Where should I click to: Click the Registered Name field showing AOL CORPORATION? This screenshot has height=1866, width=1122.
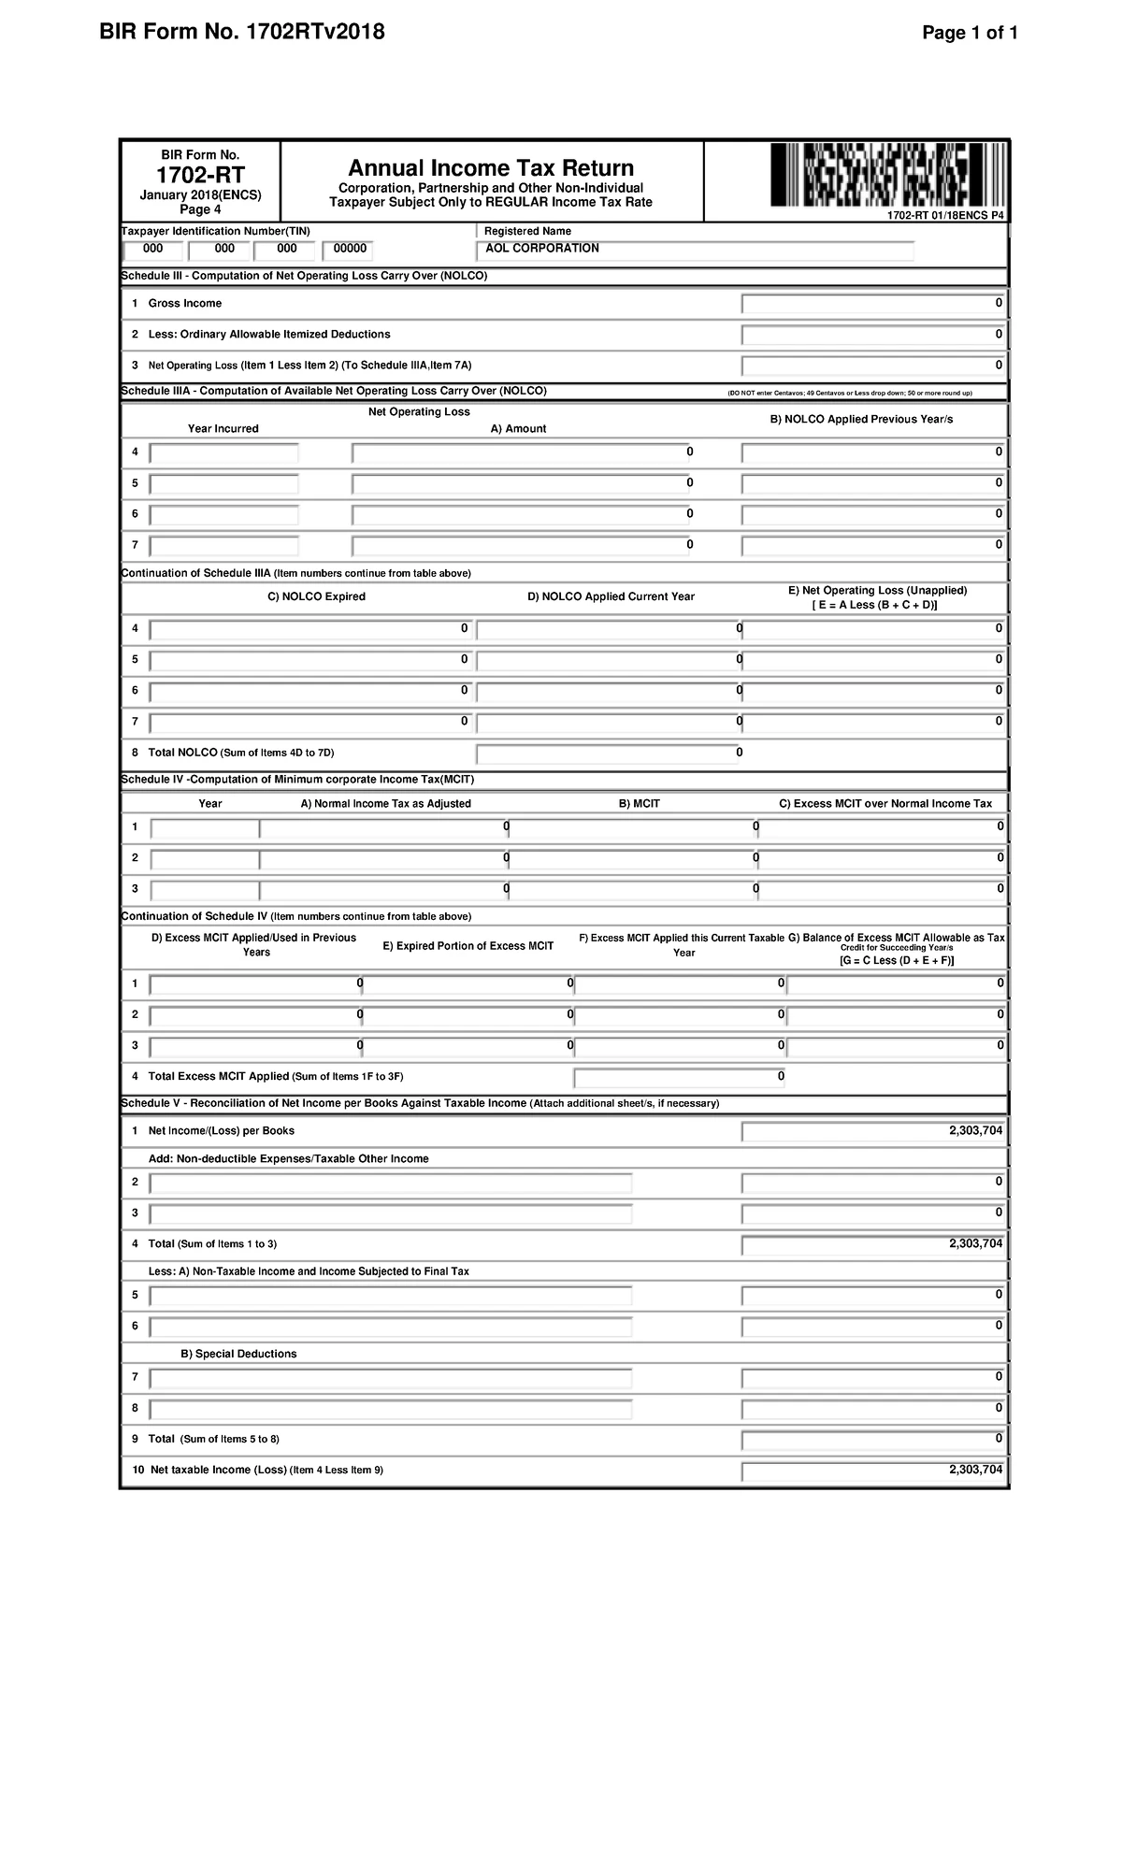695,250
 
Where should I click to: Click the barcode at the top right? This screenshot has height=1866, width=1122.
888,176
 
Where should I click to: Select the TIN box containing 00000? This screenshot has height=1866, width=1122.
347,250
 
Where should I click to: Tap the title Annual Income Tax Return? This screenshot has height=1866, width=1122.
491,168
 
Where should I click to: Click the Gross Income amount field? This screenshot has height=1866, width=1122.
873,304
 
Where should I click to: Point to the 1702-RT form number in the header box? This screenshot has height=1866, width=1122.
200,175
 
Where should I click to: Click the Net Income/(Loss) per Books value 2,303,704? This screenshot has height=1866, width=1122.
873,1131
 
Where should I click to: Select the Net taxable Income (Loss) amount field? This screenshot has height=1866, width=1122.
873,1471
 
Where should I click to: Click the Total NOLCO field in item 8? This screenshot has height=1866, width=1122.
608,754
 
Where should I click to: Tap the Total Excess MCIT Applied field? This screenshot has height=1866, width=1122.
681,1077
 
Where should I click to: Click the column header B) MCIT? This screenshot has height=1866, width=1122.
640,804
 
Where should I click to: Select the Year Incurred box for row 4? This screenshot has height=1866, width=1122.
224,453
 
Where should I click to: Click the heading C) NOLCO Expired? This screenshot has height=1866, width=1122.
316,596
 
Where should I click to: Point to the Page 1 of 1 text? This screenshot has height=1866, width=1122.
970,34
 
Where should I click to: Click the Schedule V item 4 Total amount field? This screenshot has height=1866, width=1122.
873,1244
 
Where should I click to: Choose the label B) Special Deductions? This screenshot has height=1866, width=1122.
238,1355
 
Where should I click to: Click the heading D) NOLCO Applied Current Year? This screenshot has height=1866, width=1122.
611,596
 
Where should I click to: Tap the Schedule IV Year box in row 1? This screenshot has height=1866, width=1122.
206,828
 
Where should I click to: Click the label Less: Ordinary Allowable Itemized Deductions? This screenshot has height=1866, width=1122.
269,335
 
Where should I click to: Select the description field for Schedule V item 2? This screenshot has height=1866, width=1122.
391,1184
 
